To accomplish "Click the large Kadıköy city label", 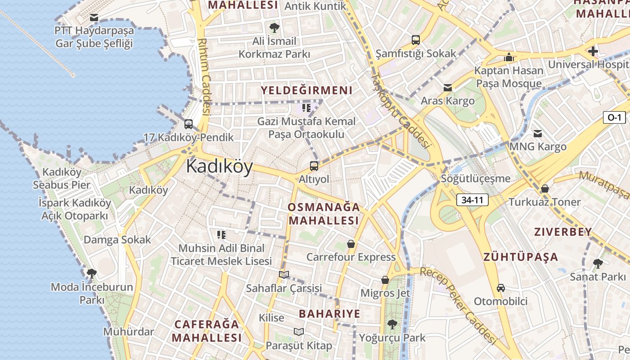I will pyautogui.click(x=219, y=166).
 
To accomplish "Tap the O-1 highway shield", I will pyautogui.click(x=614, y=118).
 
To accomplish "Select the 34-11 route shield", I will pyautogui.click(x=472, y=200).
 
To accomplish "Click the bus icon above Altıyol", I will pyautogui.click(x=314, y=166).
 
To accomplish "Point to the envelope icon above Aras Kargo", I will pyautogui.click(x=448, y=88).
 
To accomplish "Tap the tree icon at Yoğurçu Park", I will pyautogui.click(x=392, y=324).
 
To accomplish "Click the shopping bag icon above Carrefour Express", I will pyautogui.click(x=351, y=244).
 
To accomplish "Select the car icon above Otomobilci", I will pyautogui.click(x=500, y=288).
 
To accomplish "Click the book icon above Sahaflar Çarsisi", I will pyautogui.click(x=283, y=274).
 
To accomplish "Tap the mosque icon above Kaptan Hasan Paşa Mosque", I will pyautogui.click(x=509, y=57).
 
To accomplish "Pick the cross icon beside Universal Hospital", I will pyautogui.click(x=593, y=51).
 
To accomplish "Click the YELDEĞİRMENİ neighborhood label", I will pyautogui.click(x=306, y=90).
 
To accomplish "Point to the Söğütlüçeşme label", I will pyautogui.click(x=476, y=179).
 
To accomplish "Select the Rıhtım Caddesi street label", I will pyautogui.click(x=204, y=76).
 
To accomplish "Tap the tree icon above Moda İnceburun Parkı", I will pyautogui.click(x=92, y=273).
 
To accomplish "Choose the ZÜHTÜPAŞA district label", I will pyautogui.click(x=521, y=257).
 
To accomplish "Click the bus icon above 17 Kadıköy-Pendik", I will pyautogui.click(x=189, y=124).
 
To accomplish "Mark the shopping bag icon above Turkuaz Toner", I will pyautogui.click(x=545, y=189).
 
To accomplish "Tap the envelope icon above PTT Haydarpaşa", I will pyautogui.click(x=94, y=18).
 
